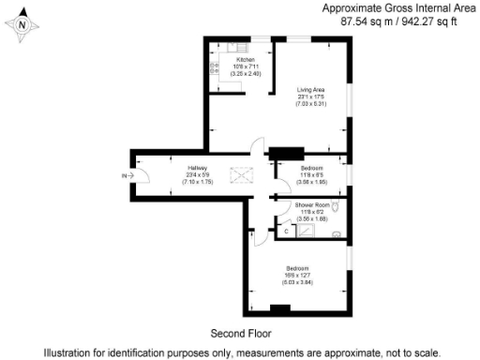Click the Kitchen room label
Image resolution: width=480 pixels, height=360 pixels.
tap(232, 59)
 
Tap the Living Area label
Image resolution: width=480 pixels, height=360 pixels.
tap(312, 89)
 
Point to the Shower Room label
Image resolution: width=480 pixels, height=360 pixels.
tap(311, 203)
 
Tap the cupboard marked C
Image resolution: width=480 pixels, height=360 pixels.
tap(285, 230)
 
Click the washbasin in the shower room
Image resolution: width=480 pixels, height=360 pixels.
tap(336, 234)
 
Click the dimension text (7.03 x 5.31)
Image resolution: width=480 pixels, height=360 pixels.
tap(312, 103)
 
